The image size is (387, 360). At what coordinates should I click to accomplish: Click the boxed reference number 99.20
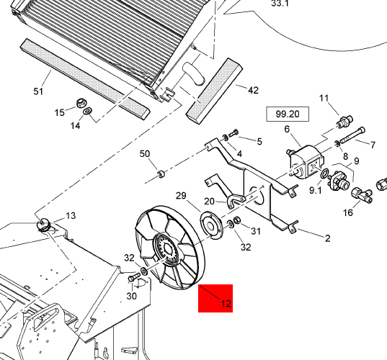pos(288,114)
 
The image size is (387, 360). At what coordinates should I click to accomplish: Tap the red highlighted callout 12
pos(215,298)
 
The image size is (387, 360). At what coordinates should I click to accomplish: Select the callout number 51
pos(38,91)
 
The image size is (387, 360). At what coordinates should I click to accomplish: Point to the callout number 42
pos(253,90)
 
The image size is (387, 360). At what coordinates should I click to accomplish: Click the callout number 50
pos(145,154)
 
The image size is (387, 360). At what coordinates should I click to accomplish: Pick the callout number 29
pos(181,196)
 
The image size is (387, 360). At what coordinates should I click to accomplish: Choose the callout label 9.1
pos(316,190)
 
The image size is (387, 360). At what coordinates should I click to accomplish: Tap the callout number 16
pos(348,212)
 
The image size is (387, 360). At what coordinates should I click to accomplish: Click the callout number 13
pos(71,216)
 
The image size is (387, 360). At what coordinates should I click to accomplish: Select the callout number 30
pos(132,296)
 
